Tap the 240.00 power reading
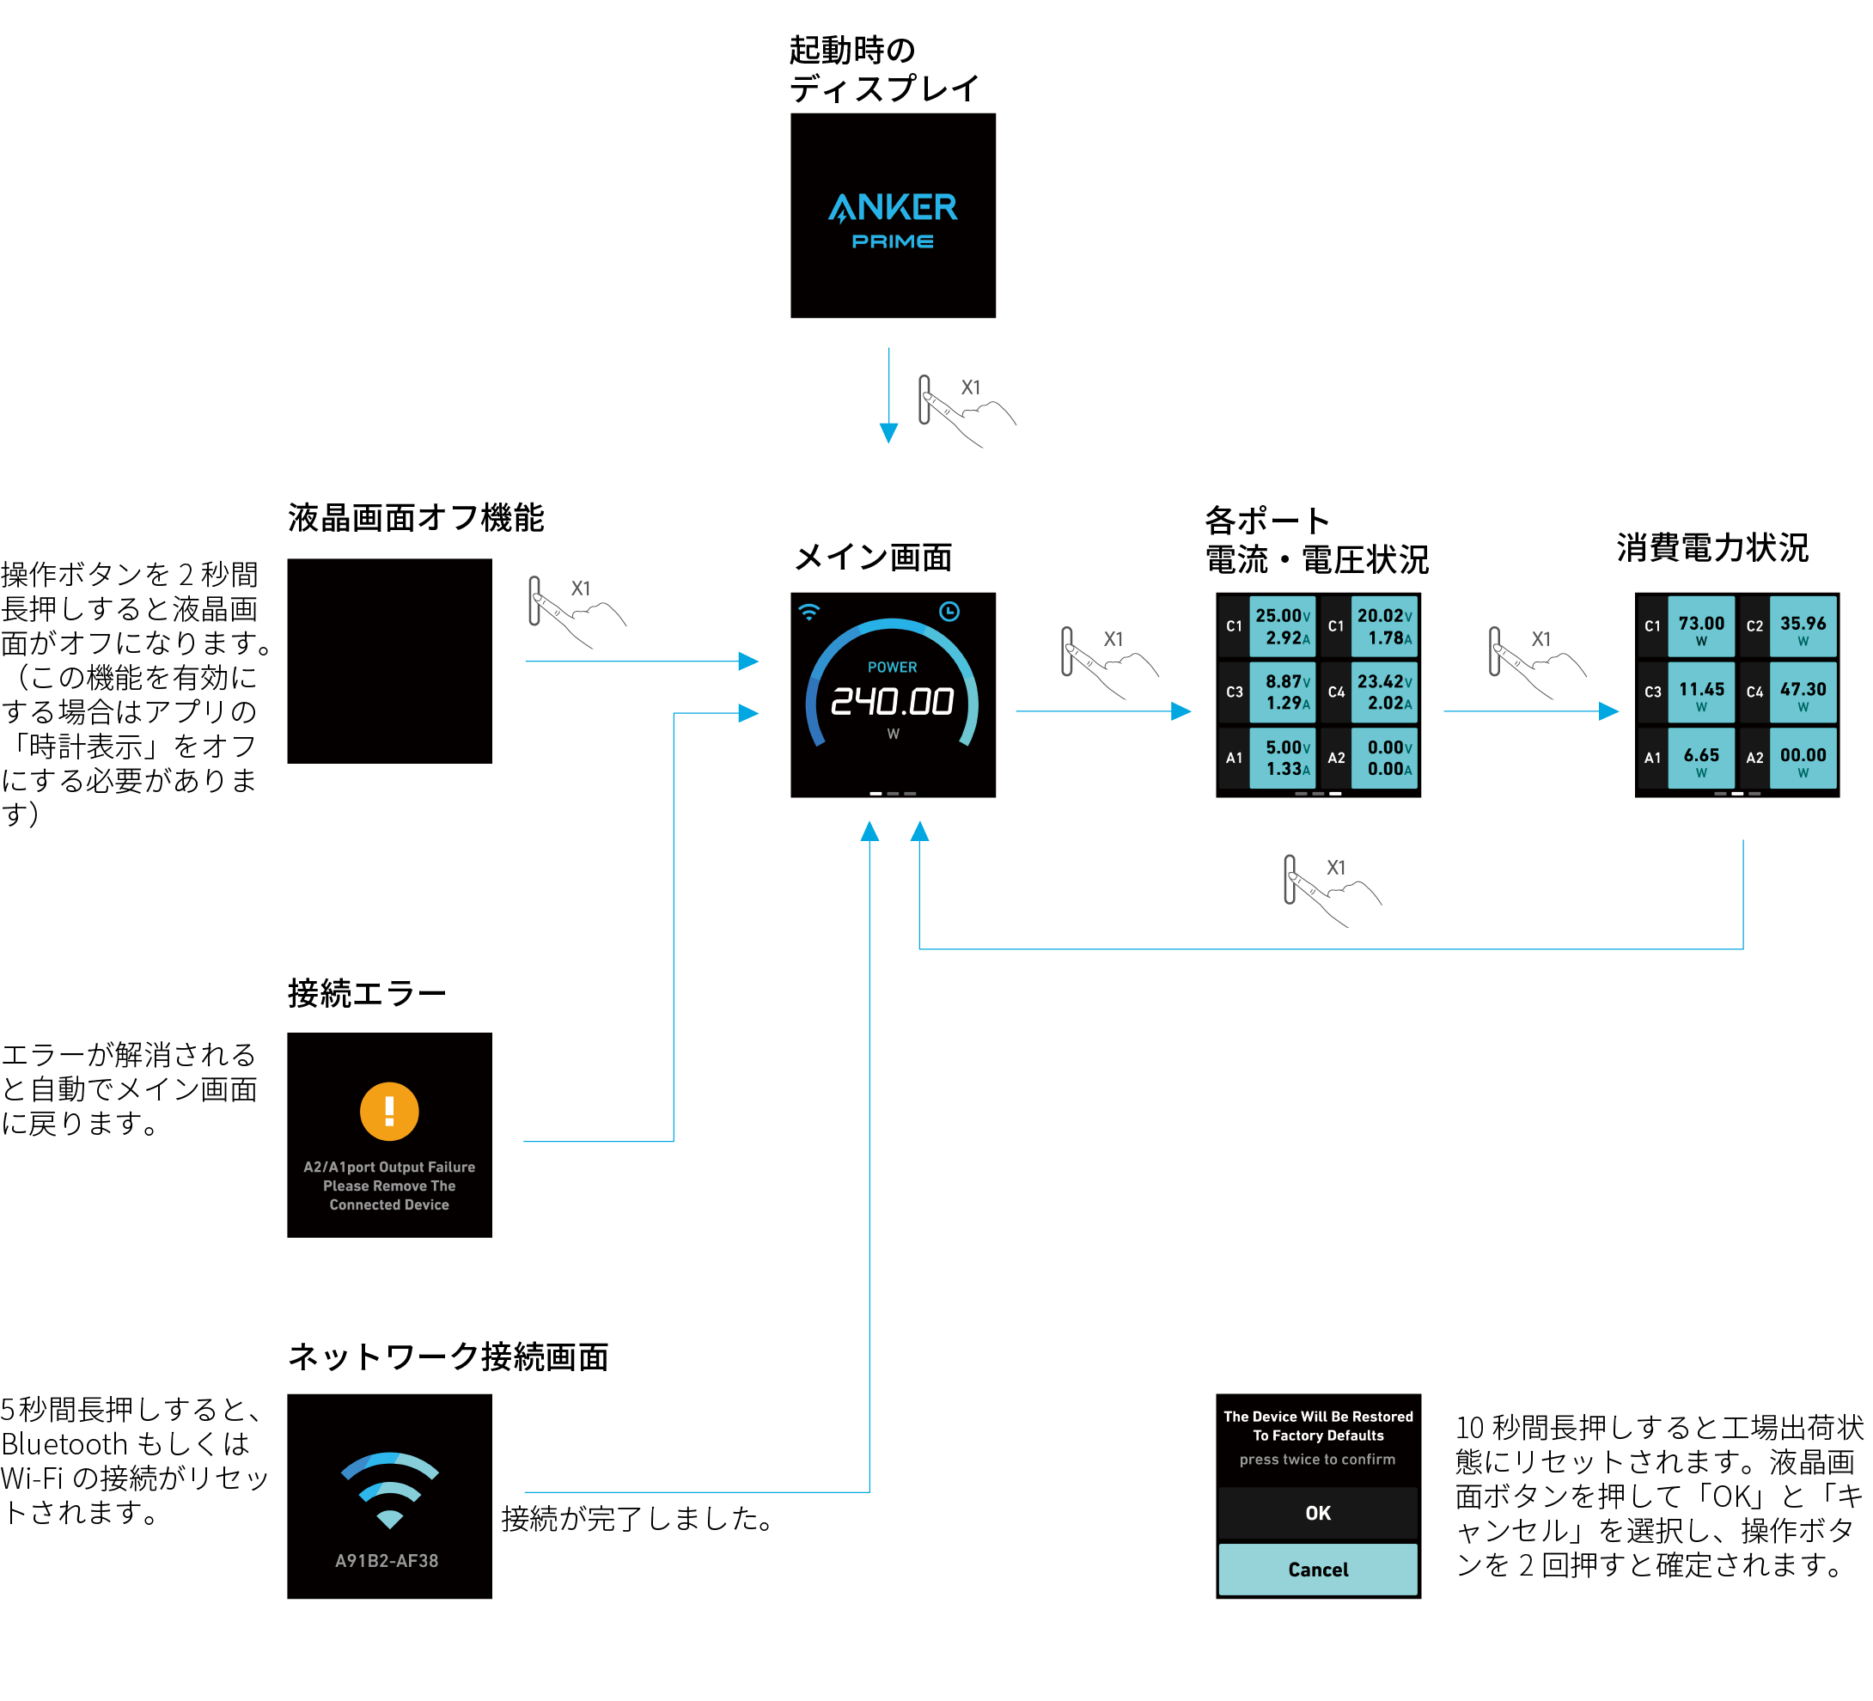892,701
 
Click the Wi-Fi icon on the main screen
809,612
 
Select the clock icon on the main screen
949,612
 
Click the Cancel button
1317,1569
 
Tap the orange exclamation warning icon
389,1111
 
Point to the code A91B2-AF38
387,1561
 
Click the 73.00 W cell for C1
1700,626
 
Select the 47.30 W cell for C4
1803,692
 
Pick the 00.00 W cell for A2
1803,758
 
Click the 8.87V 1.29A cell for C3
1282,692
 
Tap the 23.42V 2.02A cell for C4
1384,692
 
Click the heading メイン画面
873,557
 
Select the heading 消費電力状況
1712,547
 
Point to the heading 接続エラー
367,993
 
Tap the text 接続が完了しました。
638,1518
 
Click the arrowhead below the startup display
888,433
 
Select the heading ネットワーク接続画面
448,1357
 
